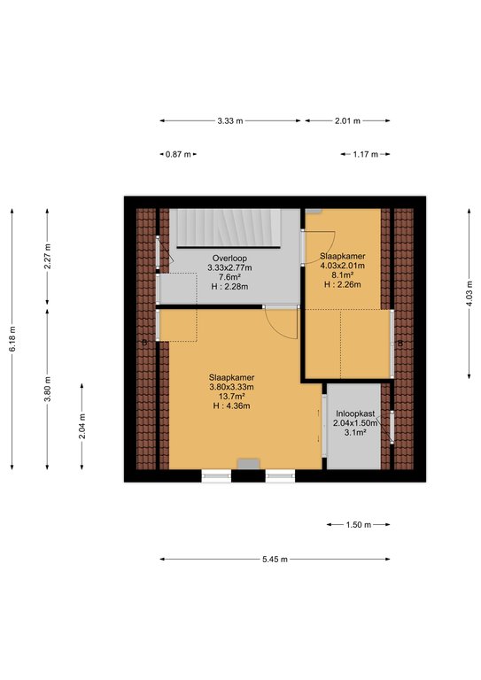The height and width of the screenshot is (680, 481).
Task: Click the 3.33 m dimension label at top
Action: click(x=230, y=121)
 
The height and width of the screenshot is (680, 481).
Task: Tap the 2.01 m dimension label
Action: click(x=347, y=121)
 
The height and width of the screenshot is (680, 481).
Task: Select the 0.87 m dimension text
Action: click(x=178, y=154)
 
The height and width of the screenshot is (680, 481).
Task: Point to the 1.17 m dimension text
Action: click(x=365, y=154)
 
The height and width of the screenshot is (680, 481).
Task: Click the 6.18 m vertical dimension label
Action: click(x=12, y=339)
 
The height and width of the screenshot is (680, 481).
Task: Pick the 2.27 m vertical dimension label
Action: click(x=47, y=256)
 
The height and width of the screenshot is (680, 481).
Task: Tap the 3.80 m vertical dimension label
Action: click(x=47, y=389)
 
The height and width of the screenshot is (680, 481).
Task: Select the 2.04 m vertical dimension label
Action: click(x=82, y=426)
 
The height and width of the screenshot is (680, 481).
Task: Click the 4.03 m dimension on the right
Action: click(x=469, y=294)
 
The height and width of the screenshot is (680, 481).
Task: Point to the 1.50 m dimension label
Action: click(x=358, y=525)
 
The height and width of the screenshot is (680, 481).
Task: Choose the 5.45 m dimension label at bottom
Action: click(x=275, y=560)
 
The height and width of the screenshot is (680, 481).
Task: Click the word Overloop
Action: click(x=229, y=259)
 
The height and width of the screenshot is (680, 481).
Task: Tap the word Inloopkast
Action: click(x=355, y=413)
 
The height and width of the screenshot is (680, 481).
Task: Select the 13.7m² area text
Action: click(x=231, y=397)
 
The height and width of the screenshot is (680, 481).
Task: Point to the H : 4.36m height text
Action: click(x=231, y=406)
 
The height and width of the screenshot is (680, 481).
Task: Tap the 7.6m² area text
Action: click(x=229, y=277)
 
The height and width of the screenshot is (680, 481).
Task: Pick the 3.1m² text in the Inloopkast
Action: click(x=355, y=432)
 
